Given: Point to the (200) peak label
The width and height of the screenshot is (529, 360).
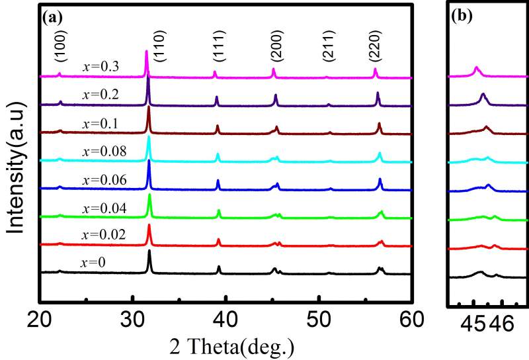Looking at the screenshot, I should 273,47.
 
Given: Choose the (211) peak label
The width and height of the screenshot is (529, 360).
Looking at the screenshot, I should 329,47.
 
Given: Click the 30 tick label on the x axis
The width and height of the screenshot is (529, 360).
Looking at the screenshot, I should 133,320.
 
